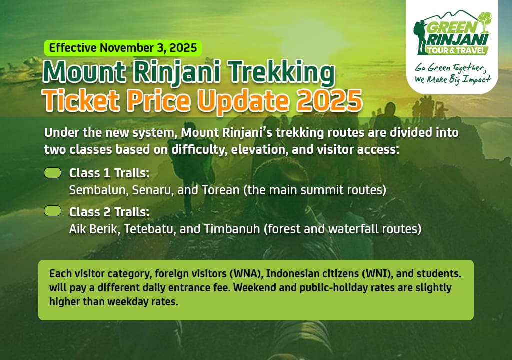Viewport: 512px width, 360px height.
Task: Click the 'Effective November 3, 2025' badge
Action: tap(123, 48)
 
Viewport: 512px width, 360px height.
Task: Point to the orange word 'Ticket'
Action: tap(74, 100)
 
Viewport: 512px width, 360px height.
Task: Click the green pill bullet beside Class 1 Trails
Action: tap(53, 173)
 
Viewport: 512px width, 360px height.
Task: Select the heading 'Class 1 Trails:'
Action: tap(109, 173)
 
